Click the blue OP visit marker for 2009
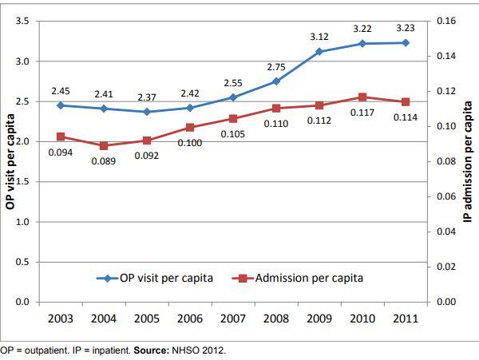pos(319,51)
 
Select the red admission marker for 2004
pos(104,146)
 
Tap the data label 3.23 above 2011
pos(406,28)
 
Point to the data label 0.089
pos(104,161)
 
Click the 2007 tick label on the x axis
pos(233,318)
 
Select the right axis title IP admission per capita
pos(469,160)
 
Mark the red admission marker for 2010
pos(362,97)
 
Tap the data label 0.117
pos(362,113)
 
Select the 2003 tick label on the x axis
pos(61,318)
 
